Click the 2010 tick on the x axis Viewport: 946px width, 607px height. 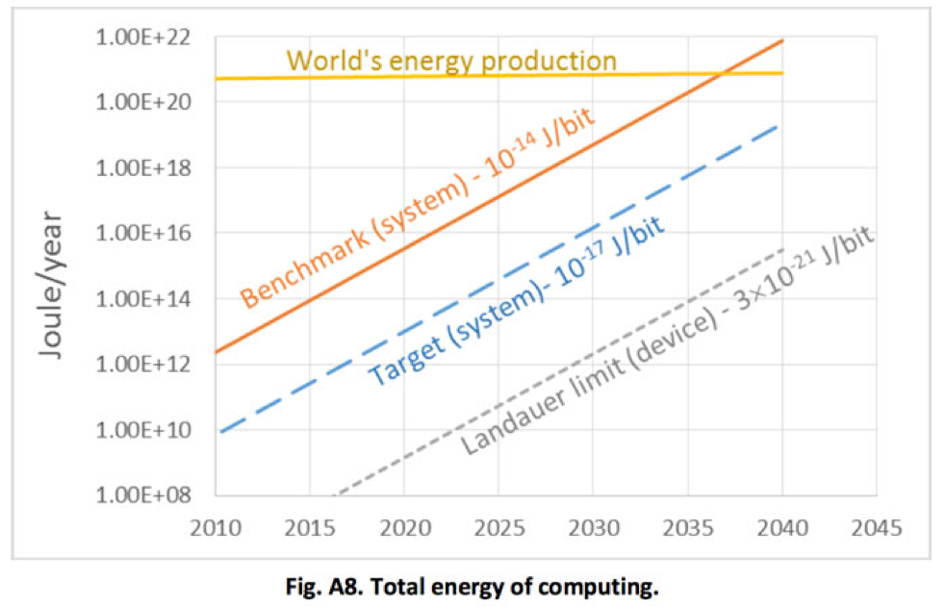click(217, 528)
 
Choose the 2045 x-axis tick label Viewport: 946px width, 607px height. click(877, 528)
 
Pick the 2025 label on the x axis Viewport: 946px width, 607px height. click(499, 528)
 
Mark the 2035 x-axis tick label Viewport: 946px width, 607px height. click(688, 528)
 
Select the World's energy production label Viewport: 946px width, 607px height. click(451, 61)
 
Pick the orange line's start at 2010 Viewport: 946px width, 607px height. click(217, 352)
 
